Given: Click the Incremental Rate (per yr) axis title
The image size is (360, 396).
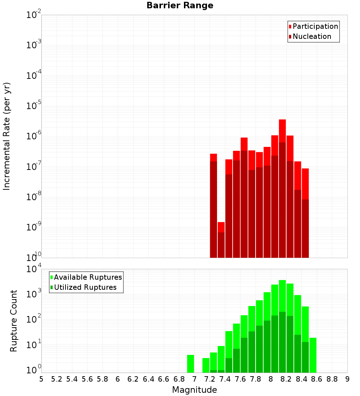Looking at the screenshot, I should click(7, 136).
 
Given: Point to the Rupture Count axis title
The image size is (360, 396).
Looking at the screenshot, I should click(14, 321).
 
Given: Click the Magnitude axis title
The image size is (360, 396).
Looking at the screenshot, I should click(194, 390).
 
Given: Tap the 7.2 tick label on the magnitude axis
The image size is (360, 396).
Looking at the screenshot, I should click(210, 379).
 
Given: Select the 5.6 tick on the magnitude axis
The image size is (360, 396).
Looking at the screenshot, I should click(87, 379).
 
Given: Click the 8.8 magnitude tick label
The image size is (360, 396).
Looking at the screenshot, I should click(332, 379).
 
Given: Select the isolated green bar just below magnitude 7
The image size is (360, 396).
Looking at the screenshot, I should click(190, 364).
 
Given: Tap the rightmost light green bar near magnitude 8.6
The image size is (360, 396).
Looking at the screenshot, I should click(313, 355).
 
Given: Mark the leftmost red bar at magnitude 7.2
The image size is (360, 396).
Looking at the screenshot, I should click(213, 205).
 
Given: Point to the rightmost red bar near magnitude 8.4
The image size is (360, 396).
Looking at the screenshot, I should click(305, 212).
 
